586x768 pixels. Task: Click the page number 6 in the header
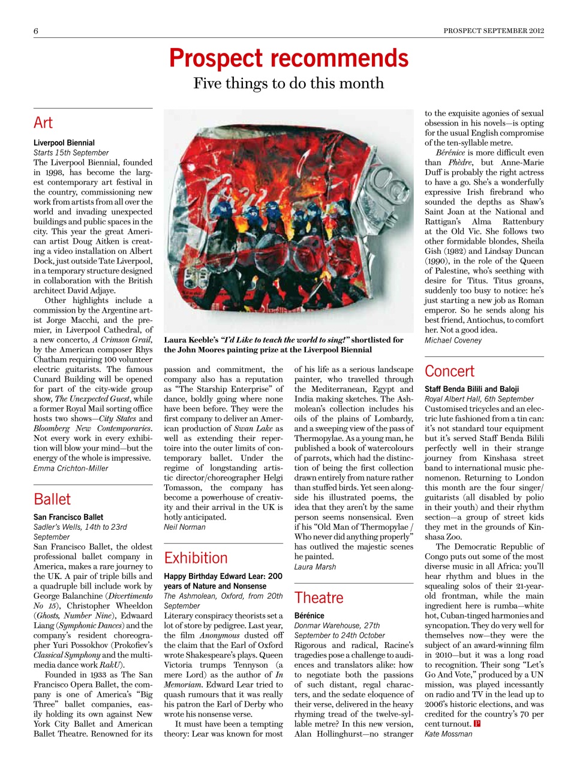point(36,31)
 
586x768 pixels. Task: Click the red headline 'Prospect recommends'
point(289,58)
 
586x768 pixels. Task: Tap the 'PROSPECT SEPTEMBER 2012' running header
point(494,31)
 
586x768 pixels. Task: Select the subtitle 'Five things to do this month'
point(289,83)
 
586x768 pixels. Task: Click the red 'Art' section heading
point(43,123)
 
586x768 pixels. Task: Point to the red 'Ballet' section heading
point(52,499)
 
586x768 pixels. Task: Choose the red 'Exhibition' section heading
point(196,558)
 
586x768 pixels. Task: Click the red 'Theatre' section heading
point(319,598)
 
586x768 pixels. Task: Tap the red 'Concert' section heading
point(449,371)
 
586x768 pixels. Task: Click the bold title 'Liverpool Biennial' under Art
point(64,143)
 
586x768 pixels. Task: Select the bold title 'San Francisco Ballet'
point(68,517)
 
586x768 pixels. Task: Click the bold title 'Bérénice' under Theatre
point(309,616)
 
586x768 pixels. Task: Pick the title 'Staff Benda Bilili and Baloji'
point(472,389)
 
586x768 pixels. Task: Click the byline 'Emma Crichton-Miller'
point(71,468)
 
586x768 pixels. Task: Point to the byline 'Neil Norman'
point(185,527)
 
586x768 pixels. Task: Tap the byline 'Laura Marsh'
point(315,566)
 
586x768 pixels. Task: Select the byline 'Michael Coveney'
point(453,340)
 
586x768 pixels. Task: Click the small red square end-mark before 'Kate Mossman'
point(477,724)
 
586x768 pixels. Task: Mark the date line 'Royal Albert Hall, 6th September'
point(479,398)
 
